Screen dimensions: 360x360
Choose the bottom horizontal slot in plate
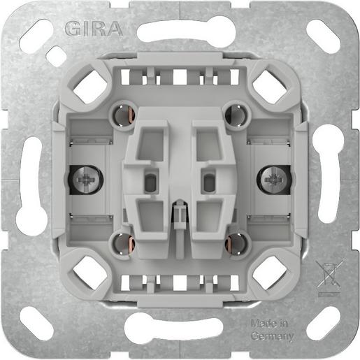point(180,329)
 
